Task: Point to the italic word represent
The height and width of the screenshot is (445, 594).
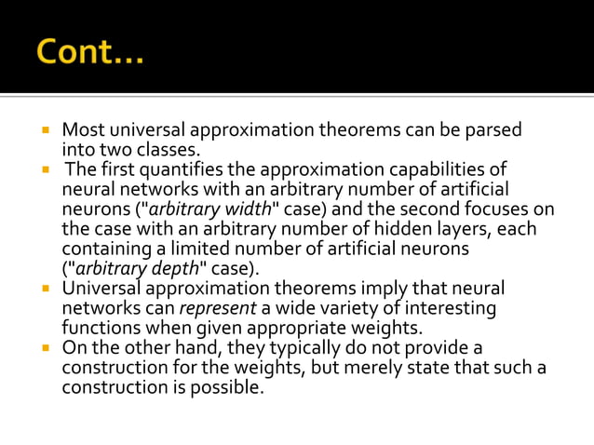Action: (x=218, y=308)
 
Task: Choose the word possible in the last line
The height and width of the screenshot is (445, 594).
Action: (x=228, y=387)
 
